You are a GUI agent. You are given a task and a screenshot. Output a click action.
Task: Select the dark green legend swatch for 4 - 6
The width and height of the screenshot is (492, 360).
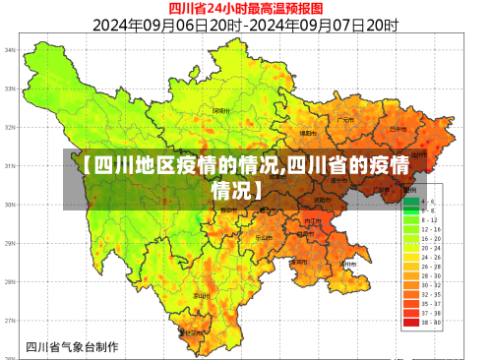click(409, 202)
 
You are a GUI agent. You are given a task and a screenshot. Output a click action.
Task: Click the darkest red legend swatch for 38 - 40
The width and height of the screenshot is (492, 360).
click(409, 322)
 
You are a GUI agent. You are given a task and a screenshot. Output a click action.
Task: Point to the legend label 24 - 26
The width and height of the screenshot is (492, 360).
click(430, 258)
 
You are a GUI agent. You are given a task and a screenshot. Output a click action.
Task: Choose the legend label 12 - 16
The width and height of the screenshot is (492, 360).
click(430, 229)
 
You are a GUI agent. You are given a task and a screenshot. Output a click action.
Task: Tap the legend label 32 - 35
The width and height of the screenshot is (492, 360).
click(430, 294)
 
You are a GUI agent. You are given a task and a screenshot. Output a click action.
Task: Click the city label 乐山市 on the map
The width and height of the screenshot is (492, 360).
click(264, 236)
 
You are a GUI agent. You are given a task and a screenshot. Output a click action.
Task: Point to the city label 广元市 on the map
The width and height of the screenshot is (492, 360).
click(344, 120)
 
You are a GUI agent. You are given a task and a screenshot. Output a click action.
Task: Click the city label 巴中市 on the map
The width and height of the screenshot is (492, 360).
click(398, 128)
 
